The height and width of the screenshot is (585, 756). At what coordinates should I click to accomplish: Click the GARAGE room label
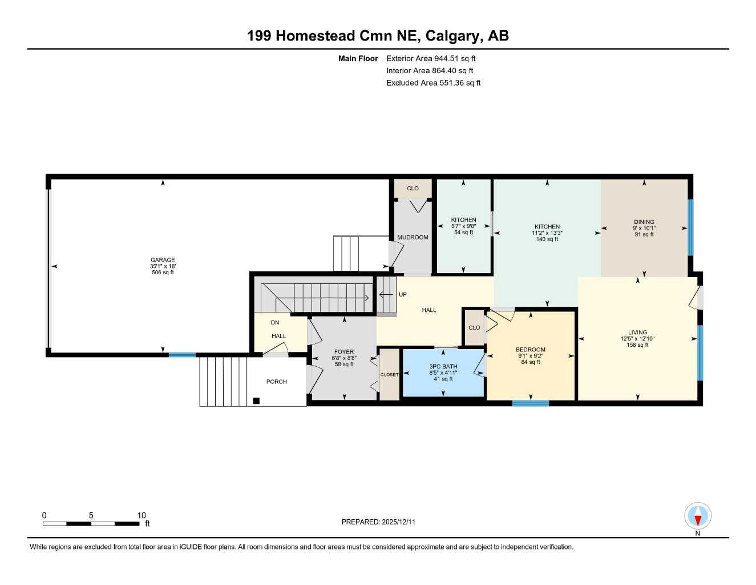tap(163, 260)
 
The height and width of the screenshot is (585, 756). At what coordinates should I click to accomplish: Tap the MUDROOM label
tap(413, 238)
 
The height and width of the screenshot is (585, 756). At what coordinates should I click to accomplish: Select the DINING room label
tap(644, 222)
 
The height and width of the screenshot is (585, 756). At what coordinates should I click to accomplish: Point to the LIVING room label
tap(637, 332)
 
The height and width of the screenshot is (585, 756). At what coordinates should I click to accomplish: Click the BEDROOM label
tap(530, 350)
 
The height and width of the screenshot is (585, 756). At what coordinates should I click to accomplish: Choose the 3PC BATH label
tap(443, 367)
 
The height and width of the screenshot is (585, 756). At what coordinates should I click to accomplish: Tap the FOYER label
tap(344, 352)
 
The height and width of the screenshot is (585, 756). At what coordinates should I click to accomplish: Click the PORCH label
tap(277, 382)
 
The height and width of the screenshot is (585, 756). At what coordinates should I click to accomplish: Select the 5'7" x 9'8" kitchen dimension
tap(463, 226)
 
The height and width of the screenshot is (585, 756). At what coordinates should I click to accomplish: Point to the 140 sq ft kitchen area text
tap(547, 239)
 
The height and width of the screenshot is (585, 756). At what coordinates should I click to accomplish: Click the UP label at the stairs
tap(403, 295)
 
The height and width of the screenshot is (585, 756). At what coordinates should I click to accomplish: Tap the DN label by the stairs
tap(275, 323)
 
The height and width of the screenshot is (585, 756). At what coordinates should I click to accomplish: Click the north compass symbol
tap(697, 516)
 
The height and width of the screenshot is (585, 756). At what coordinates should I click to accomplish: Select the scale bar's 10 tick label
tap(142, 515)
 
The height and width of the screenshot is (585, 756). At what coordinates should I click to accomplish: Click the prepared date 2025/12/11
tap(399, 522)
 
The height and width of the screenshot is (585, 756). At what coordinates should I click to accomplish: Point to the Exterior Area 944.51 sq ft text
tap(431, 58)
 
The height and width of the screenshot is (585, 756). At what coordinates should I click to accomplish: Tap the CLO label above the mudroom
tap(413, 189)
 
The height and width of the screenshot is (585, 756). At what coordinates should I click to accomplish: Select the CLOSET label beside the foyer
tap(390, 375)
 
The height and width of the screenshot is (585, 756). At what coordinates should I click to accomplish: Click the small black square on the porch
tap(257, 401)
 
